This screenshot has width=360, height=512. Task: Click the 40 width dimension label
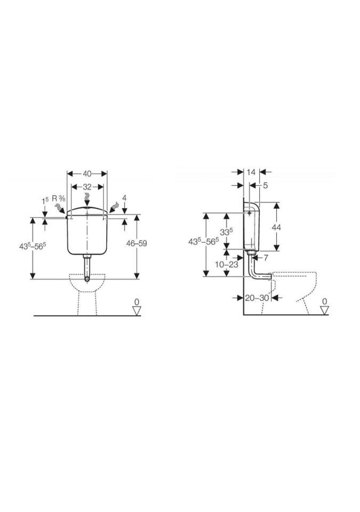(87, 174)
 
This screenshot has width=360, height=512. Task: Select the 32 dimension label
(87, 187)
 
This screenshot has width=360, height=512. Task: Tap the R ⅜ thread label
(59, 198)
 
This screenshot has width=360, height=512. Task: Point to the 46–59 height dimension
(137, 244)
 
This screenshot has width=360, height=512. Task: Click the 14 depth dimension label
(251, 172)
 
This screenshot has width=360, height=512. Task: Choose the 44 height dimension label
(276, 227)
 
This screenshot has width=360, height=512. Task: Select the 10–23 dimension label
(226, 265)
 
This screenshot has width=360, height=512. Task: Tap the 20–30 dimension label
(257, 298)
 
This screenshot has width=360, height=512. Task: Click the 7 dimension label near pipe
(266, 258)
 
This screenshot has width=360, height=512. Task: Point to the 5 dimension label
(265, 186)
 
